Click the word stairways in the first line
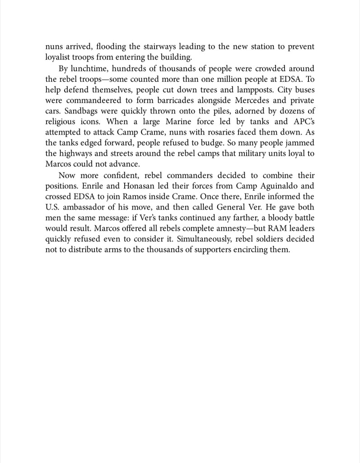(x=147, y=47)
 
